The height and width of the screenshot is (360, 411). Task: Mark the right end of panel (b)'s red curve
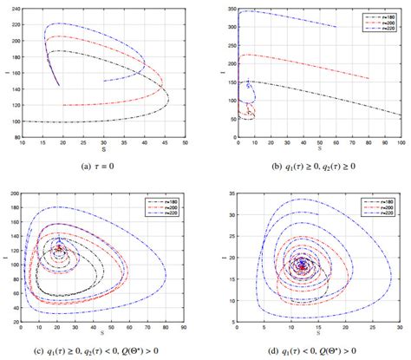click(x=369, y=79)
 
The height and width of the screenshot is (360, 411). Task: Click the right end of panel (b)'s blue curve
click(x=337, y=27)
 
